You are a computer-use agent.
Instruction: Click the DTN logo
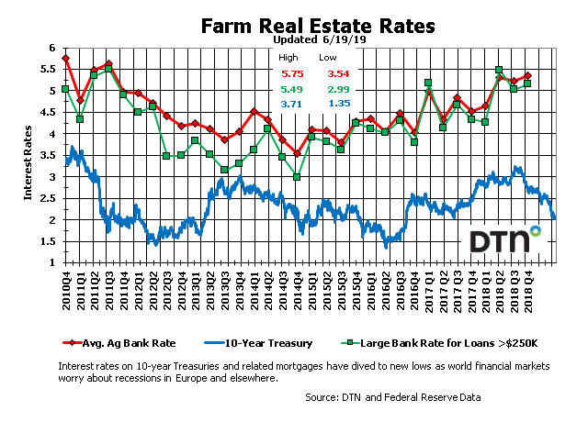pos(504,239)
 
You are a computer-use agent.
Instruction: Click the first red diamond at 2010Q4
pos(65,58)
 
